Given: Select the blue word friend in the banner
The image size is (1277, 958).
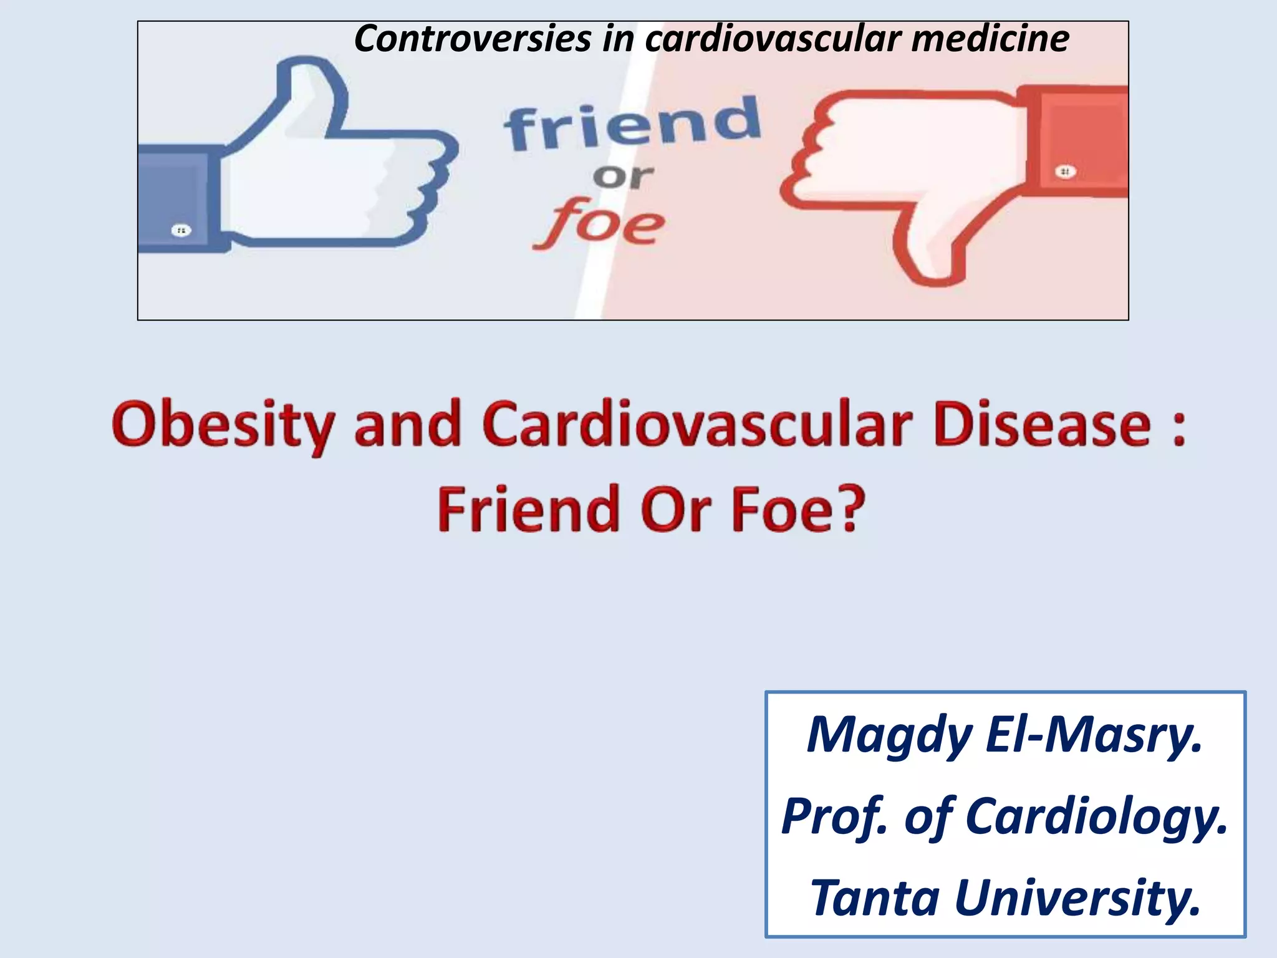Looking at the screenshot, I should coord(632,125).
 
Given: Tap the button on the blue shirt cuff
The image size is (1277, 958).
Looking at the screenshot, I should coord(181,231).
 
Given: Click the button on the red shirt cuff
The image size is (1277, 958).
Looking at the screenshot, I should coord(1065,172).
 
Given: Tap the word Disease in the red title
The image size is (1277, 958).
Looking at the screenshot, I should coord(1041,425).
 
